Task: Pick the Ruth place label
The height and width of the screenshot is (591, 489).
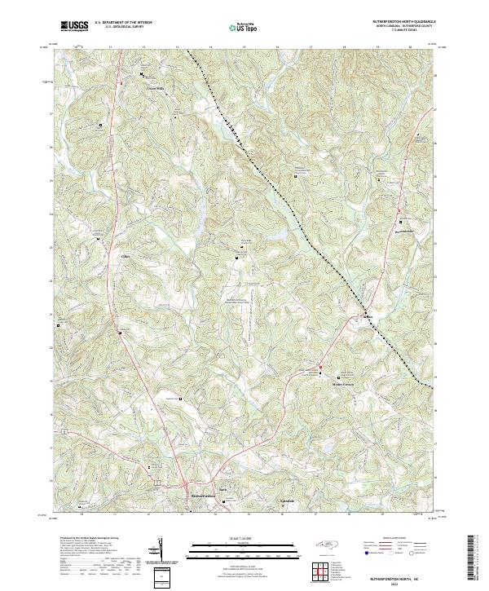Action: point(231,490)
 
